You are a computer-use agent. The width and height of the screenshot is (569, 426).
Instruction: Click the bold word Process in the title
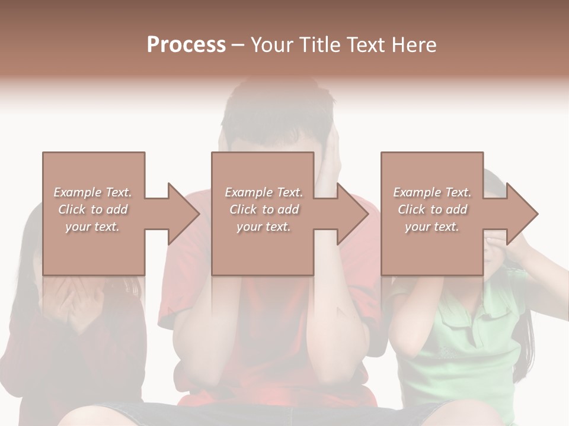click(186, 45)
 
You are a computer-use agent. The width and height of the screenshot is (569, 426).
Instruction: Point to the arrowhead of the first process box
click(184, 214)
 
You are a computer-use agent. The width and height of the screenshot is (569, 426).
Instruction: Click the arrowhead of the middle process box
click(353, 214)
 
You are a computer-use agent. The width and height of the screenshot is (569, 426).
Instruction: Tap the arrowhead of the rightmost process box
click(523, 214)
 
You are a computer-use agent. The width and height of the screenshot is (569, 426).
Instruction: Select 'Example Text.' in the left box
click(92, 192)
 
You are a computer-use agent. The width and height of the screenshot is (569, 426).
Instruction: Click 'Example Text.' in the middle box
click(264, 192)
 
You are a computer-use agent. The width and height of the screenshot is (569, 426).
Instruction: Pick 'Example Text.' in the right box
click(432, 192)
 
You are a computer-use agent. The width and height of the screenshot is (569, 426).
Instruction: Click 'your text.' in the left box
click(92, 227)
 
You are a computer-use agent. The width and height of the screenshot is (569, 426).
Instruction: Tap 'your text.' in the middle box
click(264, 227)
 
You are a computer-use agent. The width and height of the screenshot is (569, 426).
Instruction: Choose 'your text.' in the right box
click(432, 227)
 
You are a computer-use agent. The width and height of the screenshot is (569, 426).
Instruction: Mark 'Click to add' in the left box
click(92, 209)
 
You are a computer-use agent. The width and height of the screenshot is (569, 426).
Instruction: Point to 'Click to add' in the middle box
click(264, 209)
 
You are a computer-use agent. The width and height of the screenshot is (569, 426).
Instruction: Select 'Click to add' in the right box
click(432, 209)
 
